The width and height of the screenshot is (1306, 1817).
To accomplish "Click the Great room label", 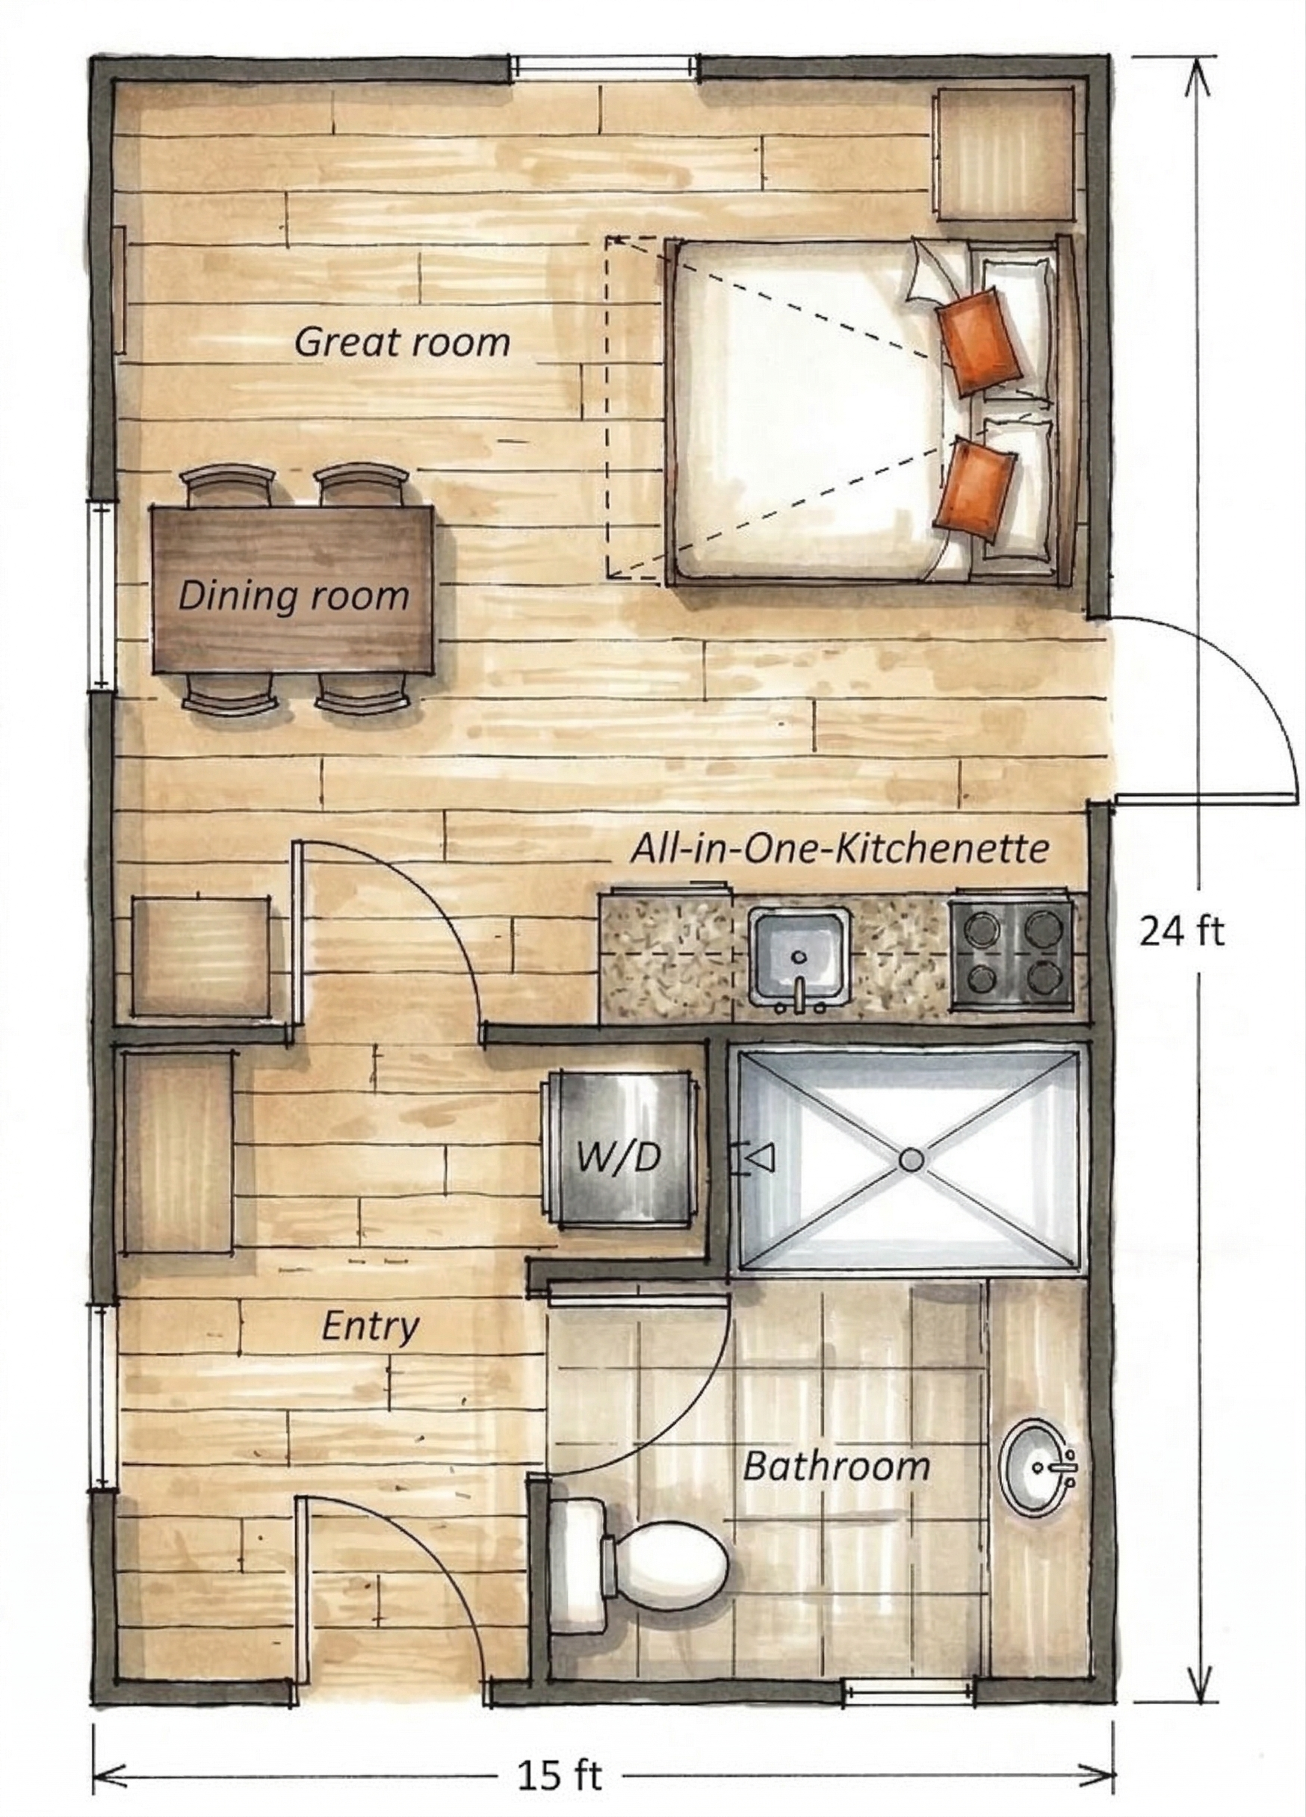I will coord(402,343).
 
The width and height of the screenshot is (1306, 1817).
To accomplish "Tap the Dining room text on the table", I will coord(293,596).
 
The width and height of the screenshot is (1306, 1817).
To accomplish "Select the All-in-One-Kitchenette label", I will coord(839,849).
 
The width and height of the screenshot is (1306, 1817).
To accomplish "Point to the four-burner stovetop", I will coord(1011,953).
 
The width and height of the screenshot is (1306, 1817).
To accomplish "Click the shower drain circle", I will coord(911,1160).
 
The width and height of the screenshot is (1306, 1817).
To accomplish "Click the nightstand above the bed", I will coord(1005,154).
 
